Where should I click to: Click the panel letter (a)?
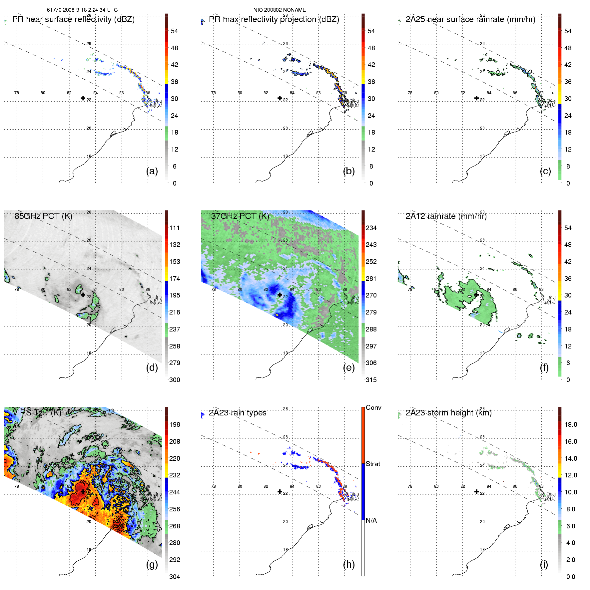point(152,171)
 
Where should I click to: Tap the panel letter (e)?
point(348,368)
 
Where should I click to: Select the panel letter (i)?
point(544,564)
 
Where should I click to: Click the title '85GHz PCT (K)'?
point(43,216)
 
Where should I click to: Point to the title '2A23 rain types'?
point(238,413)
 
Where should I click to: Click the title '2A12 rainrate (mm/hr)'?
point(446,216)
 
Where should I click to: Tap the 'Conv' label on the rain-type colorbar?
point(373,407)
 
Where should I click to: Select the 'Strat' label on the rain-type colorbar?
point(373,464)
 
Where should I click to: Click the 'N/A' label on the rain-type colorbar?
point(371,520)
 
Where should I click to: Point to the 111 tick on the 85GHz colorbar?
point(175,228)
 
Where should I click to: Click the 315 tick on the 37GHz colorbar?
point(371,380)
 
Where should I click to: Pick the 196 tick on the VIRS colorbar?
point(175,424)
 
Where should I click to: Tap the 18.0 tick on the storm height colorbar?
point(571,424)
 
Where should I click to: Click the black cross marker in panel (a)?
point(83,98)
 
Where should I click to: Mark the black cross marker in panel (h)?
point(280,492)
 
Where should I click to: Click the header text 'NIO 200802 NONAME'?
point(280,10)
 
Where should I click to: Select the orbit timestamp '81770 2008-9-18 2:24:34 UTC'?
point(82,10)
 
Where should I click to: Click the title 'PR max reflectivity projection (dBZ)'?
point(274,19)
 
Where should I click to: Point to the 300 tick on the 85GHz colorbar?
point(175,380)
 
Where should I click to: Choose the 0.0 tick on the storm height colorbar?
point(571,577)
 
